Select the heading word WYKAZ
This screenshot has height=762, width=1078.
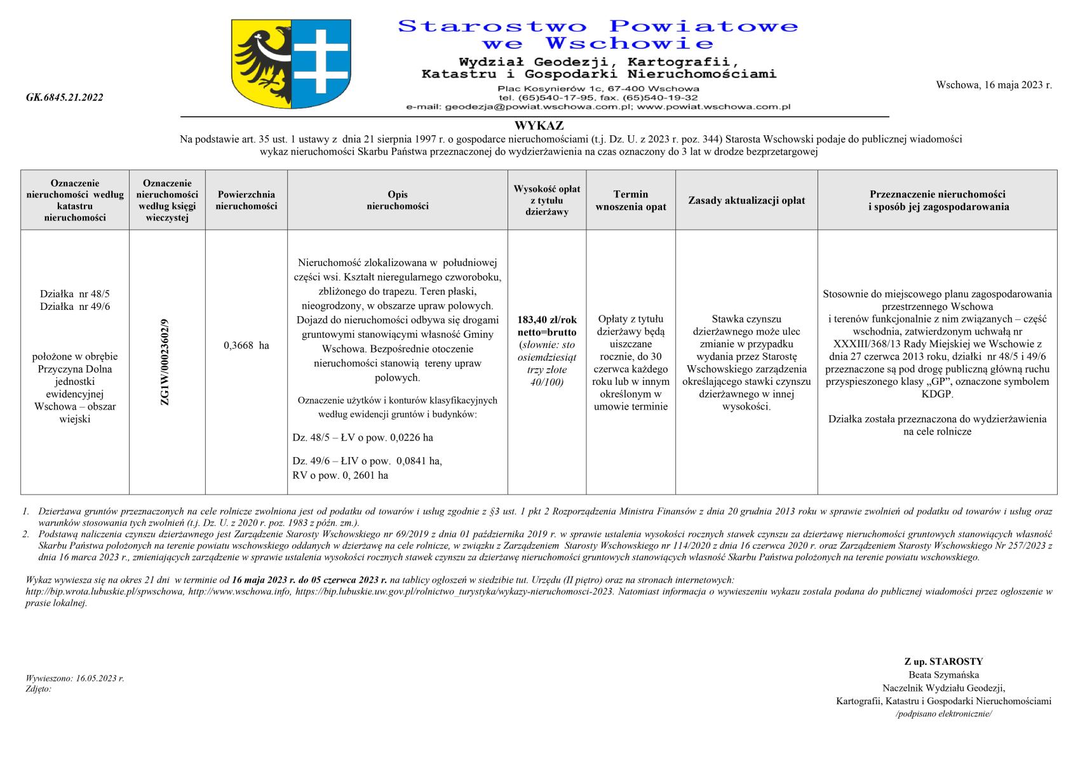[539, 126]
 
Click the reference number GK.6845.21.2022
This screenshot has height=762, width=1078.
[65, 98]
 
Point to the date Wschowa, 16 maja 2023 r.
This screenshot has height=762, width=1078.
[994, 84]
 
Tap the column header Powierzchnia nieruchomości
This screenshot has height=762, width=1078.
[246, 200]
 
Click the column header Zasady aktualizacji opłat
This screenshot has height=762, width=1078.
[746, 201]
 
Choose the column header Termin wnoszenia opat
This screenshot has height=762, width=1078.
[630, 200]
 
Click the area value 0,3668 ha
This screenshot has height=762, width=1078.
[246, 345]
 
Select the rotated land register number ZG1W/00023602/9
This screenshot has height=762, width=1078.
[166, 362]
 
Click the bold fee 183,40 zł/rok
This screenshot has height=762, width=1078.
[547, 320]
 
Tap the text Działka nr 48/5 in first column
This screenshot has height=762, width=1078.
[75, 294]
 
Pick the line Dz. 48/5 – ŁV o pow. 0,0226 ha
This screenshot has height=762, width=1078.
[363, 438]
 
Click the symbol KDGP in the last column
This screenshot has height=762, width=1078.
[937, 394]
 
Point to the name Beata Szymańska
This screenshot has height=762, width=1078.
[943, 675]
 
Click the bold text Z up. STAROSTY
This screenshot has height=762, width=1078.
[943, 662]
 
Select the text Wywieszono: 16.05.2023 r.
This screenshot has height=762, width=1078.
[75, 678]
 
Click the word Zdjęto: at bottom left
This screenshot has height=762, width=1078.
[39, 689]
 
